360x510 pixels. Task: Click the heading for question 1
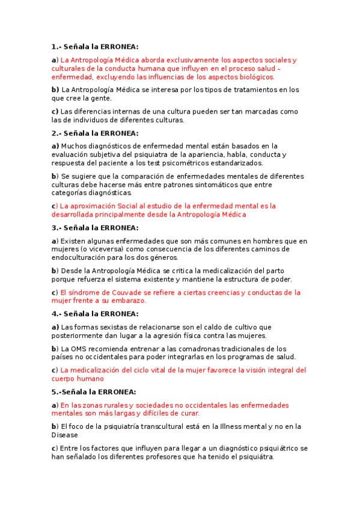point(95,47)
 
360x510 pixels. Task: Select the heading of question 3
point(95,227)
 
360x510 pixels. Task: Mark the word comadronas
point(195,349)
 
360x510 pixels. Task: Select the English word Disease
point(65,435)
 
